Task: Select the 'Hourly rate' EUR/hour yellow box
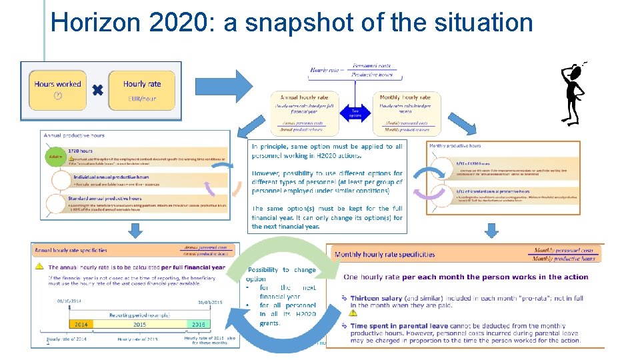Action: coord(142,91)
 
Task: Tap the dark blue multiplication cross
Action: coord(97,89)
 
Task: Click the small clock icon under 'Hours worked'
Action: coord(57,97)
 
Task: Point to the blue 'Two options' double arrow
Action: coord(355,111)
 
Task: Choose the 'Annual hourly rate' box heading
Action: coord(304,97)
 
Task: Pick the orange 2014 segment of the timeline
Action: coord(82,325)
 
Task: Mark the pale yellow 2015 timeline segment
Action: coord(141,325)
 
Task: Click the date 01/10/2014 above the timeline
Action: coord(69,301)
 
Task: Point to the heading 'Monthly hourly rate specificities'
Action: coord(385,254)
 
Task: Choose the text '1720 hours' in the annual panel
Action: coord(81,151)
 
